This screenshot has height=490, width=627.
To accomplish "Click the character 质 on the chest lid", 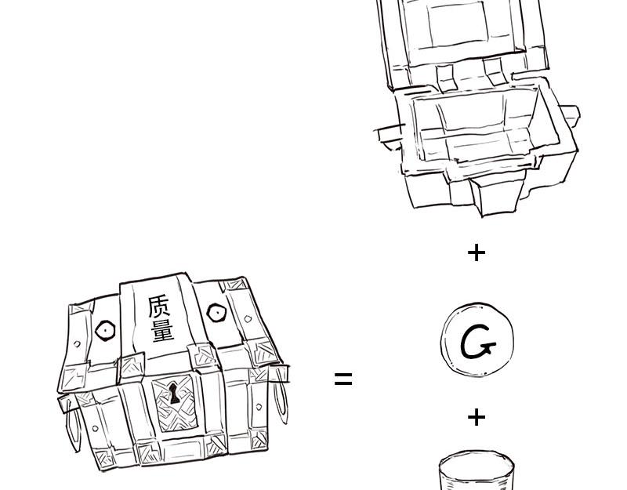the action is pyautogui.click(x=159, y=307).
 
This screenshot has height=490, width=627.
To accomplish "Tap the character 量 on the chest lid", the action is pyautogui.click(x=163, y=331).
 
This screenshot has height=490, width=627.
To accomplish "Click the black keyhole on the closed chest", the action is pyautogui.click(x=174, y=393).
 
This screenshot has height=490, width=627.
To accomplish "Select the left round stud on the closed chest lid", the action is pyautogui.click(x=105, y=331).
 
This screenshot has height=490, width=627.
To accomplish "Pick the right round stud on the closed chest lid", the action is pyautogui.click(x=217, y=313).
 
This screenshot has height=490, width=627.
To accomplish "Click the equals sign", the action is pyautogui.click(x=343, y=379).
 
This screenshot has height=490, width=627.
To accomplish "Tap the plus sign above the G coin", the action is pyautogui.click(x=477, y=252).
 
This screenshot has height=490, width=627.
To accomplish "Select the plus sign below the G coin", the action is pyautogui.click(x=477, y=417).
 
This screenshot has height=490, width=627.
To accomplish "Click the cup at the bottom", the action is pyautogui.click(x=477, y=471).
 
